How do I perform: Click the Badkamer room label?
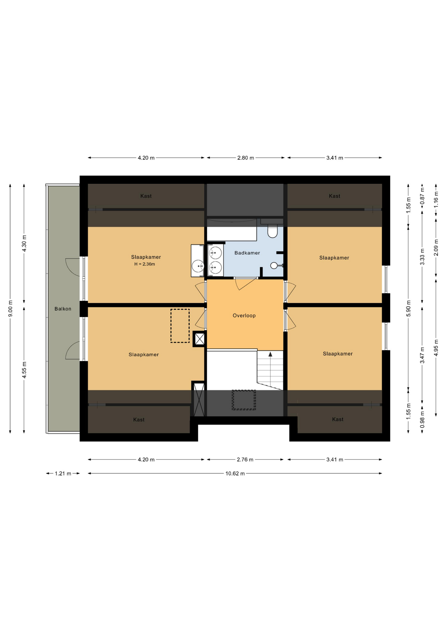(247, 253)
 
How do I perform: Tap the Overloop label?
(244, 315)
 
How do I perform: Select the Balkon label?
(63, 309)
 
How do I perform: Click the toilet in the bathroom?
(272, 231)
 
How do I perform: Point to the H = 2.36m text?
(145, 264)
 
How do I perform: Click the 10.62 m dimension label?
(235, 474)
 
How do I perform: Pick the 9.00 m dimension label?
(10, 309)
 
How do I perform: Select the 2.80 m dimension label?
(246, 158)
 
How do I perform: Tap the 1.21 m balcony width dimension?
(63, 474)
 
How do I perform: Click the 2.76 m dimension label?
(245, 459)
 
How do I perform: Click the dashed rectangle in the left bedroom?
(180, 326)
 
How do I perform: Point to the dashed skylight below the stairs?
(244, 400)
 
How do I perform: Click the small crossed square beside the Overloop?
(200, 339)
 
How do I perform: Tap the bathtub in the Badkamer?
(232, 230)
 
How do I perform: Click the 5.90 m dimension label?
(409, 309)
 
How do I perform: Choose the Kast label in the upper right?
(334, 196)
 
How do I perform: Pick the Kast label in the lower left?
(139, 420)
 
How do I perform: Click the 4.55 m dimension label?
(24, 370)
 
